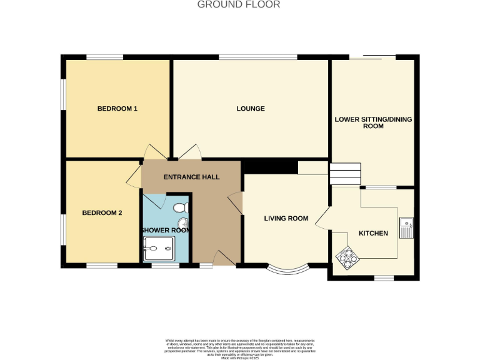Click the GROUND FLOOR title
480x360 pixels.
tap(239, 5)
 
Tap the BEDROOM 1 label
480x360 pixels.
tap(117, 109)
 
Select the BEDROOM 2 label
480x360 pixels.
tap(102, 213)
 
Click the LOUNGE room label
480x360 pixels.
tap(251, 109)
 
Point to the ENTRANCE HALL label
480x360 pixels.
tap(191, 177)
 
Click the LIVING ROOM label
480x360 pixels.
tap(286, 219)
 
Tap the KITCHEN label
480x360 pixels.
tap(373, 234)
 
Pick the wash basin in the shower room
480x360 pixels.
tap(183, 224)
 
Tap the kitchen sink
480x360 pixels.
tap(406, 228)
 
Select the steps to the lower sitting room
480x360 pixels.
tap(346, 174)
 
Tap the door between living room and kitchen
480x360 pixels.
tap(322, 217)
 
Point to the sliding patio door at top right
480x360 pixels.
tap(372, 57)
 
